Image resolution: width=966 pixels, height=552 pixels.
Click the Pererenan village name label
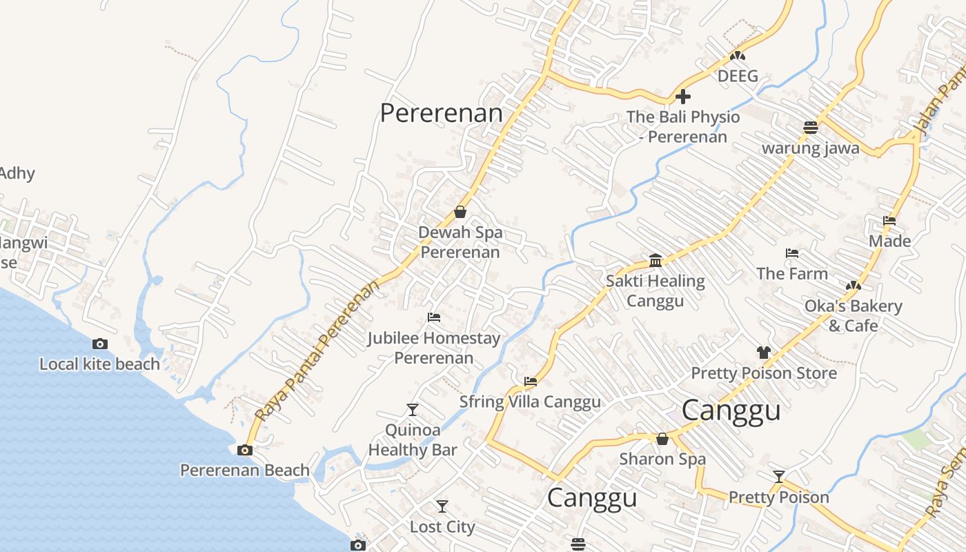(441, 113)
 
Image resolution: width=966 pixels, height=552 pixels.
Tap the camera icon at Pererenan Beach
(244, 451)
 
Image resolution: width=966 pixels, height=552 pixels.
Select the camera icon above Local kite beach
(100, 344)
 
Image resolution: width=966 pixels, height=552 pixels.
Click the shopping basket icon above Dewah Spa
(460, 212)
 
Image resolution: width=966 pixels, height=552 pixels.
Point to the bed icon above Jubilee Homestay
(434, 317)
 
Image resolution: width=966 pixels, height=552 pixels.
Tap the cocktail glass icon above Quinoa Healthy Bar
(413, 410)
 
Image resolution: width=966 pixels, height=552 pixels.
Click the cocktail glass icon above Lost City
(442, 506)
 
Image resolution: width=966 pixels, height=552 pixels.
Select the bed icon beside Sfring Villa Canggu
(530, 381)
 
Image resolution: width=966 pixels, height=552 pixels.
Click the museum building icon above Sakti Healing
(655, 260)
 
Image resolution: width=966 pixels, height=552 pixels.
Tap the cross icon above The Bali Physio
(683, 97)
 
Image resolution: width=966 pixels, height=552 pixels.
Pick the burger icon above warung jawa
(811, 128)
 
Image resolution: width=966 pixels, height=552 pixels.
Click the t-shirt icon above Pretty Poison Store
(763, 353)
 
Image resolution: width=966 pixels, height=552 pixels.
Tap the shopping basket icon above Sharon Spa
(662, 439)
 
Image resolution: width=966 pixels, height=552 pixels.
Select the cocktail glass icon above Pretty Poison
(779, 476)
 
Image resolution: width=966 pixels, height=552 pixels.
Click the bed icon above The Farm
(792, 253)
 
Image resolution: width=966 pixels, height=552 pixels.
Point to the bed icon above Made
(889, 221)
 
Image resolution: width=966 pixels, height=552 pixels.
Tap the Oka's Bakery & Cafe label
(853, 315)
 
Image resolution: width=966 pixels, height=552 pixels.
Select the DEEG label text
(738, 76)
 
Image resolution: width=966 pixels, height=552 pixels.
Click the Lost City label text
(442, 527)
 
